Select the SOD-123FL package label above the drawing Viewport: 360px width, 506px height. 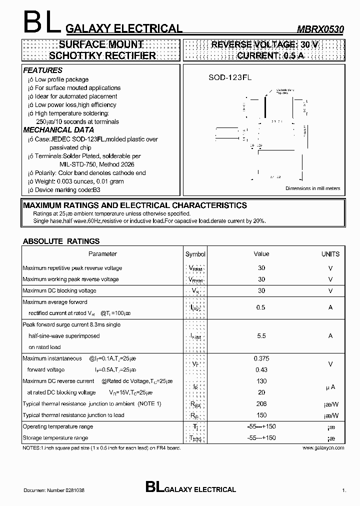[230, 78]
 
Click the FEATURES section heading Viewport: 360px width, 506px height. [43, 70]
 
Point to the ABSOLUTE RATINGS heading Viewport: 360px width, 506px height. [61, 241]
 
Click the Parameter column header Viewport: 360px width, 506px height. [102, 254]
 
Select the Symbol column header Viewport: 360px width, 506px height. [195, 254]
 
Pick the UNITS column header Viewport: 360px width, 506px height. [330, 254]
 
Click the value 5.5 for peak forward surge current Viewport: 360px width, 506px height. [261, 336]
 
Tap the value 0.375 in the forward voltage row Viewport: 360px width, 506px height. [261, 358]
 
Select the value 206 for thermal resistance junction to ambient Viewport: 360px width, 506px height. [261, 403]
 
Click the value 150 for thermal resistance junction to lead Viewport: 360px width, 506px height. [261, 415]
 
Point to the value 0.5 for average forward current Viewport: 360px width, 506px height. [260, 307]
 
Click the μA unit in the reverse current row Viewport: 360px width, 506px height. [330, 387]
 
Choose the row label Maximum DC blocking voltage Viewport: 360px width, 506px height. [59, 290]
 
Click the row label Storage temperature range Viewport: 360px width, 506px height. [55, 438]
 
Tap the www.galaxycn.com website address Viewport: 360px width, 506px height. [323, 448]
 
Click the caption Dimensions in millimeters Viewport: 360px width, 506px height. [312, 188]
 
